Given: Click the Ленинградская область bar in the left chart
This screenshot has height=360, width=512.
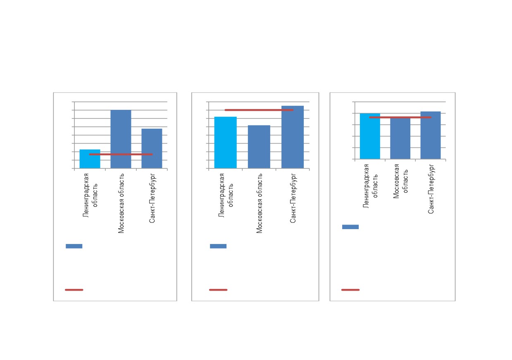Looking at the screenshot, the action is click(90, 159).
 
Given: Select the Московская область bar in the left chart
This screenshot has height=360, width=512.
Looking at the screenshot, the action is click(121, 139).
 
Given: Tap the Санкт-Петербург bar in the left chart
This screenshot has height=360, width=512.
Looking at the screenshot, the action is click(152, 149).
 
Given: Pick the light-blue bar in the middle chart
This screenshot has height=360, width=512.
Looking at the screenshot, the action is click(225, 142).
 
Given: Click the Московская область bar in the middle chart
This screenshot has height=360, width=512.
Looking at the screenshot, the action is click(259, 147).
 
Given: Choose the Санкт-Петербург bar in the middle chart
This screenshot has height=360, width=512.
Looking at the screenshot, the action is click(293, 137).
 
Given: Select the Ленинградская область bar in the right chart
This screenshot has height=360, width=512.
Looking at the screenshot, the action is click(370, 136).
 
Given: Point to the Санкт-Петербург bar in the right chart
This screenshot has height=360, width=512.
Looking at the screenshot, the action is click(431, 135).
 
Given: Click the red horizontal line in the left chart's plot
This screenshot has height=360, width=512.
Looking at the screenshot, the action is click(121, 154).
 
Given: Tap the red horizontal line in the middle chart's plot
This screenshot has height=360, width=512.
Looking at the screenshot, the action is click(259, 110).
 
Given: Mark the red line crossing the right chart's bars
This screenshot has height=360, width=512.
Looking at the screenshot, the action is click(400, 117).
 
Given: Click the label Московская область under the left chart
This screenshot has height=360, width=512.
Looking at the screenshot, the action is click(121, 203).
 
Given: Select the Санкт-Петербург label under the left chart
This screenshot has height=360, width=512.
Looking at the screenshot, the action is click(152, 198).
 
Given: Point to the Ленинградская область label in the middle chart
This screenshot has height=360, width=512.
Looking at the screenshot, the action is click(226, 195).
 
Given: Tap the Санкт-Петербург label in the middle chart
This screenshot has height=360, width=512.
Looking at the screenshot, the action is click(293, 198).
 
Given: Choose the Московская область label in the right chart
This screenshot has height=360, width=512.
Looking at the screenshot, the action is click(400, 181).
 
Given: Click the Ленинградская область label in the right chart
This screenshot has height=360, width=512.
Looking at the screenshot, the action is click(370, 186).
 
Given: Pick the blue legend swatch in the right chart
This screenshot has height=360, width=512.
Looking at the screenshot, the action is click(350, 227).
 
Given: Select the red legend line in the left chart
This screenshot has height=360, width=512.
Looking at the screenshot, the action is click(74, 290).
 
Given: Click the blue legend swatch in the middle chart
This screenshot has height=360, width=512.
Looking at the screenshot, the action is click(218, 246).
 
